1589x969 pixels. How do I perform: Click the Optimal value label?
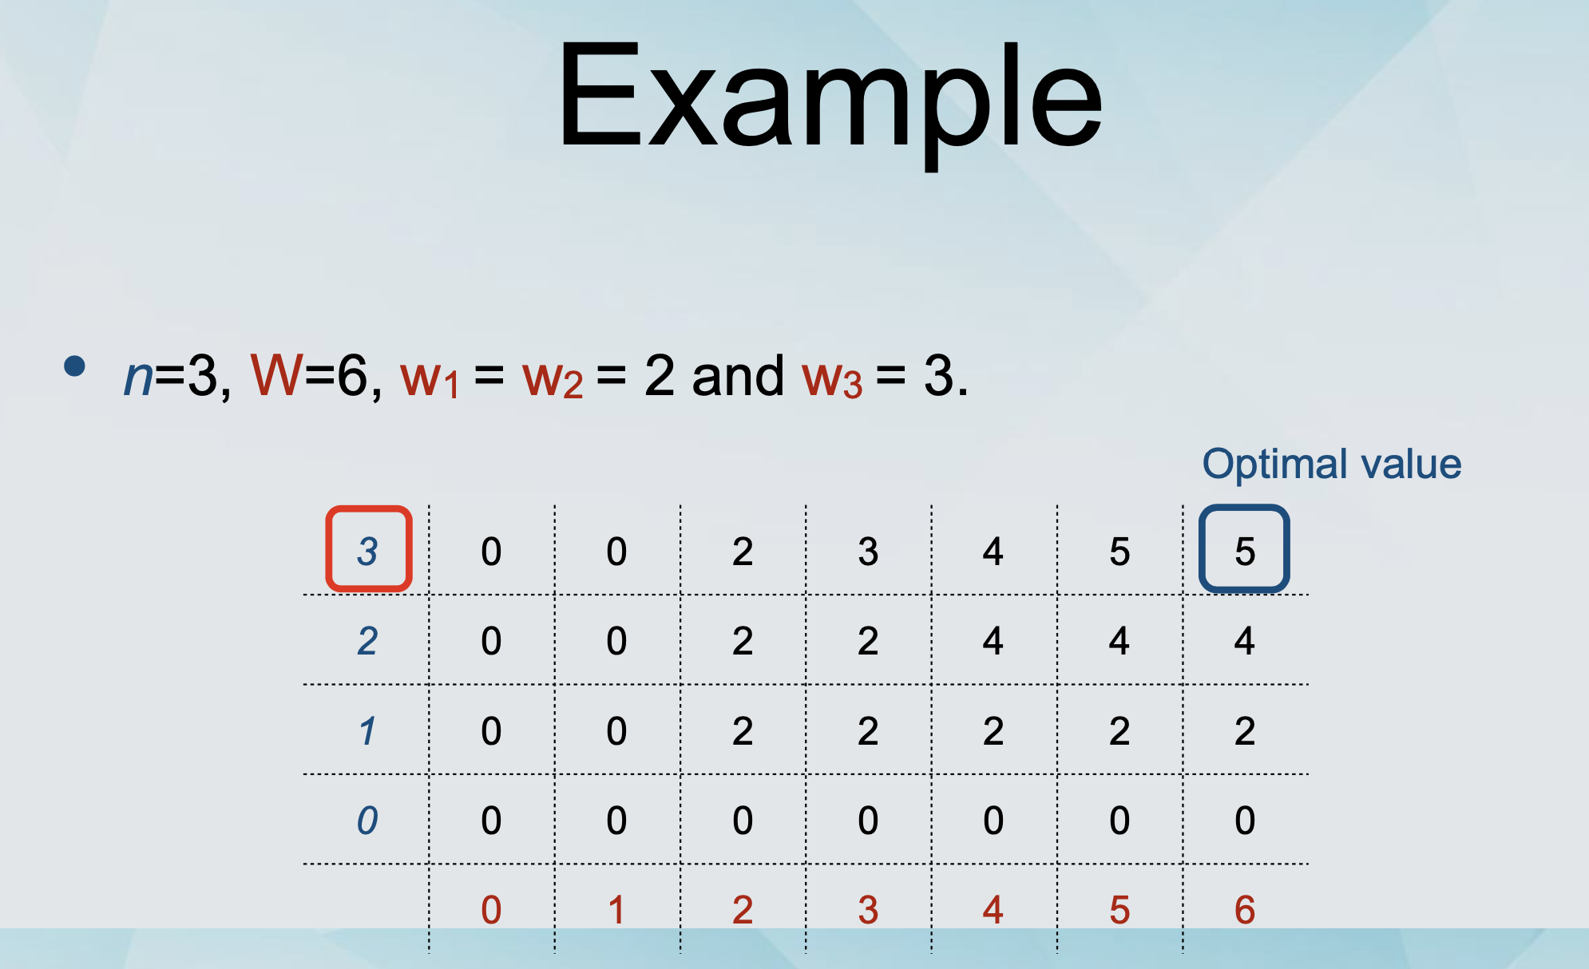pyautogui.click(x=1332, y=464)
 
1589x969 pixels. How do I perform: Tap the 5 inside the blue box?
pyautogui.click(x=1245, y=552)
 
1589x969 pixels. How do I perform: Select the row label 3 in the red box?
pyautogui.click(x=367, y=552)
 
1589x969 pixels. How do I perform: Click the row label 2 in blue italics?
pyautogui.click(x=367, y=641)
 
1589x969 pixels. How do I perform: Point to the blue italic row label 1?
pyautogui.click(x=367, y=731)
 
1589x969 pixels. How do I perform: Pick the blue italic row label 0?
pyautogui.click(x=367, y=821)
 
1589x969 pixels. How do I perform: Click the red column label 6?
pyautogui.click(x=1245, y=910)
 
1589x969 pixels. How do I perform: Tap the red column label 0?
pyautogui.click(x=491, y=910)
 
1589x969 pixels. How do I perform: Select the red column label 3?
pyautogui.click(x=868, y=910)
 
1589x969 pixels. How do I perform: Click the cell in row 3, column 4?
pyautogui.click(x=993, y=552)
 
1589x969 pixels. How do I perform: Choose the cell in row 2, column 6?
pyautogui.click(x=1245, y=641)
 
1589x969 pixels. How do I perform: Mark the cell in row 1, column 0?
pyautogui.click(x=491, y=731)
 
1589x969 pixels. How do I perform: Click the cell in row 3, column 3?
pyautogui.click(x=868, y=552)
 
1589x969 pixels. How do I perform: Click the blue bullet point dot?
pyautogui.click(x=75, y=366)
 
